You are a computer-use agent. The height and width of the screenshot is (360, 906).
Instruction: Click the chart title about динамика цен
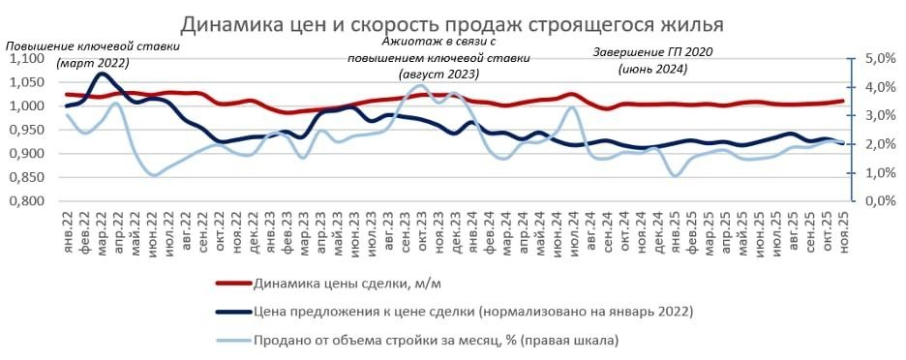tap(452, 22)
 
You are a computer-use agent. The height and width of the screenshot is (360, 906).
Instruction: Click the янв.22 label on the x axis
tap(68, 228)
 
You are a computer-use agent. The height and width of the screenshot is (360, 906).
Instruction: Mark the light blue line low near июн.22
tap(153, 175)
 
